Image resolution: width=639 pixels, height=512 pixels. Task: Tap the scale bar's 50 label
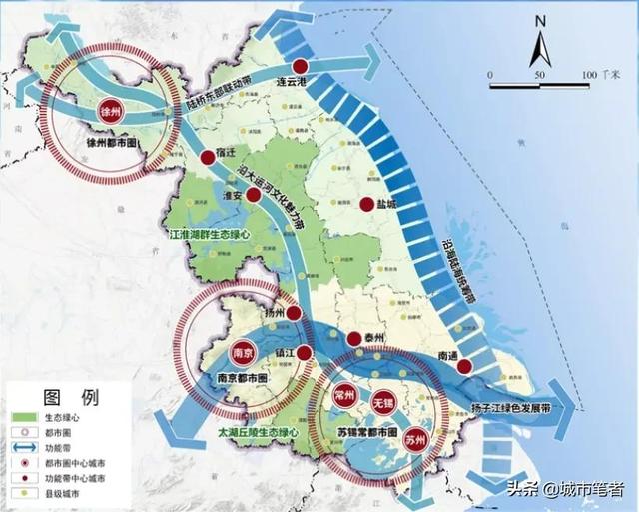[x=539, y=76]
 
